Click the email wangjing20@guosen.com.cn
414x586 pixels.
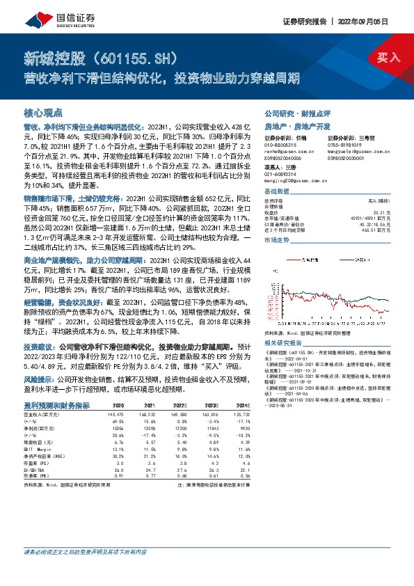click(x=296, y=182)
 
